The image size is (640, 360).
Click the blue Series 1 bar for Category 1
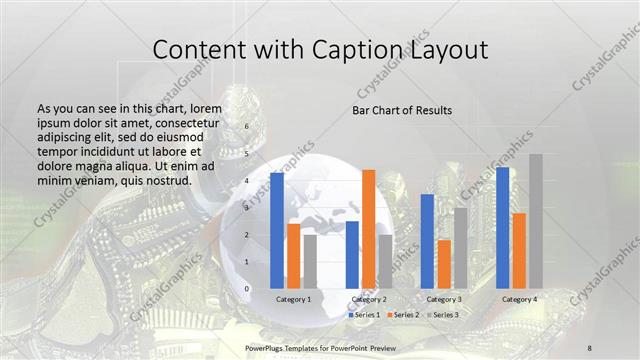[x=277, y=230]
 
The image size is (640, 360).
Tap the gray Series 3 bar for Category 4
[x=535, y=221]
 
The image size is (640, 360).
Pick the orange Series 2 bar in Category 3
[x=444, y=264]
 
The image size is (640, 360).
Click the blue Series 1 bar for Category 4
[x=502, y=227]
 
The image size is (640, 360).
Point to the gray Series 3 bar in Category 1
[x=309, y=261]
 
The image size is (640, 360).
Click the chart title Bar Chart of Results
[x=402, y=110]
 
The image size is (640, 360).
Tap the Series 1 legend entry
[x=363, y=315]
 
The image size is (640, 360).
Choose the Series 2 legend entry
[x=402, y=315]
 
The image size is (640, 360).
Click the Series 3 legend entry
[x=441, y=315]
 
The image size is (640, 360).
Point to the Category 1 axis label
[x=293, y=299]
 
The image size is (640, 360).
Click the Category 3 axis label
[x=444, y=299]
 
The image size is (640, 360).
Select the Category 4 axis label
[x=519, y=299]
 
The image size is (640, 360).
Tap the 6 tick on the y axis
[x=247, y=128]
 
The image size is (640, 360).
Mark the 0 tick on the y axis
[x=247, y=289]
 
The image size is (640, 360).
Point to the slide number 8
[x=589, y=346]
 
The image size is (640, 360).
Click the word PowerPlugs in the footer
[x=266, y=346]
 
